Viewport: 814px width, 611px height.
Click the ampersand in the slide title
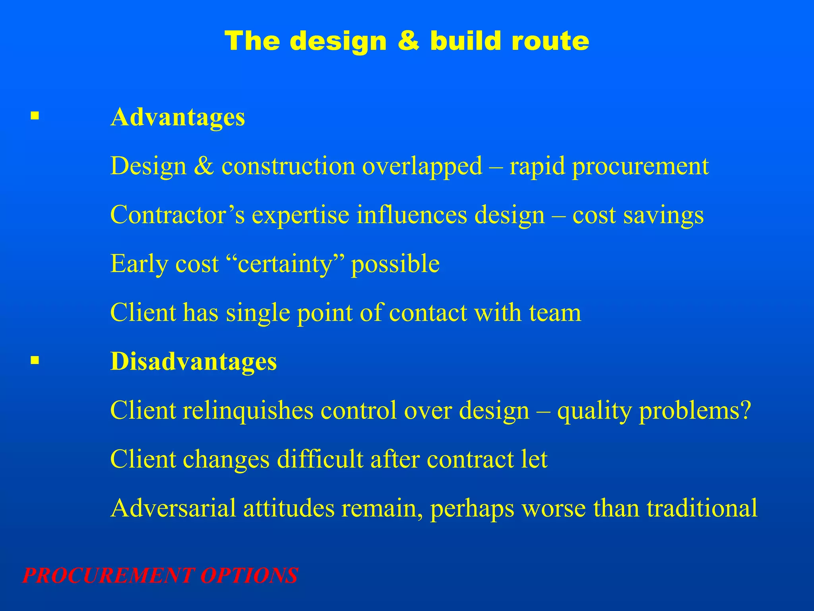tap(408, 41)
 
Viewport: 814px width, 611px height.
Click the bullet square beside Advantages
tap(35, 116)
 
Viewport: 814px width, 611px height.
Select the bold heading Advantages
tap(178, 118)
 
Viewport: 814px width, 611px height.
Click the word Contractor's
tap(177, 215)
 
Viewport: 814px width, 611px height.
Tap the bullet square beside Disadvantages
tap(35, 360)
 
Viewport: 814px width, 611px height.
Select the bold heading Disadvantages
tap(194, 362)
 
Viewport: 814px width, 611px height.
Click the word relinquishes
tap(248, 411)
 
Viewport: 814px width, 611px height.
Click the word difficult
tap(320, 459)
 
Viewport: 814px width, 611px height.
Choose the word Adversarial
tap(173, 508)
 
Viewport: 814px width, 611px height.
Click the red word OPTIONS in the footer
tap(249, 576)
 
